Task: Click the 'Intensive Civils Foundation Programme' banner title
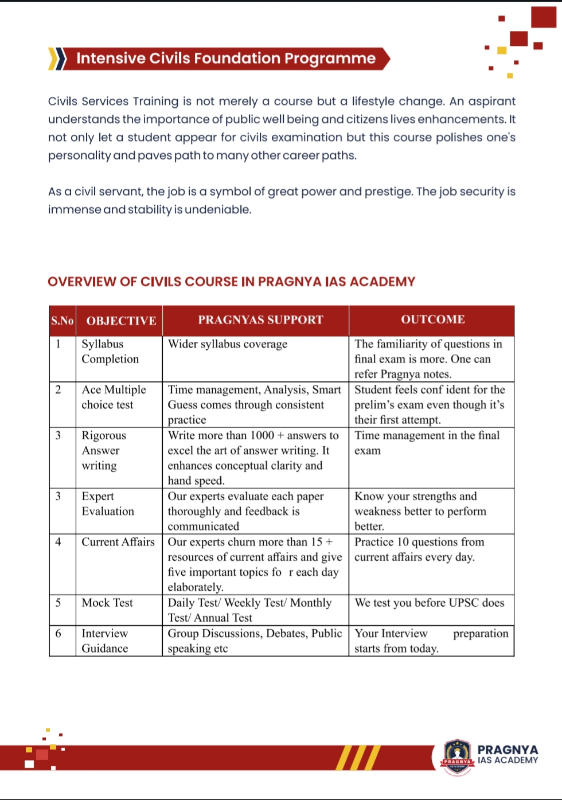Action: point(226,58)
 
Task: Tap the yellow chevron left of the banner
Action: point(54,58)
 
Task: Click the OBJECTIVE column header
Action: point(121,321)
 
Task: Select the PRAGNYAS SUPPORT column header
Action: point(260,320)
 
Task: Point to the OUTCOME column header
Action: point(432,319)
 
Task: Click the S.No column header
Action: point(63,321)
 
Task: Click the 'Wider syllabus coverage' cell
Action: point(228,344)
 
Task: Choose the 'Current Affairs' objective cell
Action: point(118,542)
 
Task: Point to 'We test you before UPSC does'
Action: point(429,603)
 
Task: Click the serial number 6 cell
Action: point(58,633)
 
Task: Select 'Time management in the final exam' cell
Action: point(427,443)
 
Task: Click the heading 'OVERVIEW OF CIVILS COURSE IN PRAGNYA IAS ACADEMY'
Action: point(231,282)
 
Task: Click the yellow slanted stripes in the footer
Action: point(358,757)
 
